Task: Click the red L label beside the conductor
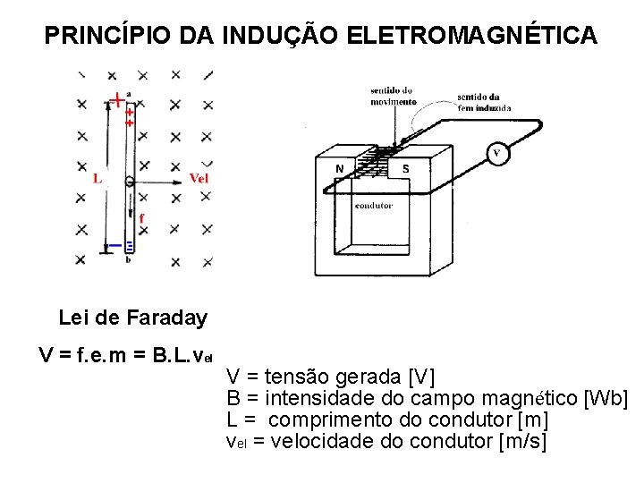(x=97, y=178)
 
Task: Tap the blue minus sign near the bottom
(x=115, y=245)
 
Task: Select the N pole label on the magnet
(x=339, y=168)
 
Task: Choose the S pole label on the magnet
(x=405, y=168)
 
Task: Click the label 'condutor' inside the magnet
(x=374, y=206)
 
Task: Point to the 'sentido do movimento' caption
(x=392, y=95)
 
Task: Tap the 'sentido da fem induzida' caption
(x=483, y=102)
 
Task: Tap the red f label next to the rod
(x=141, y=217)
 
